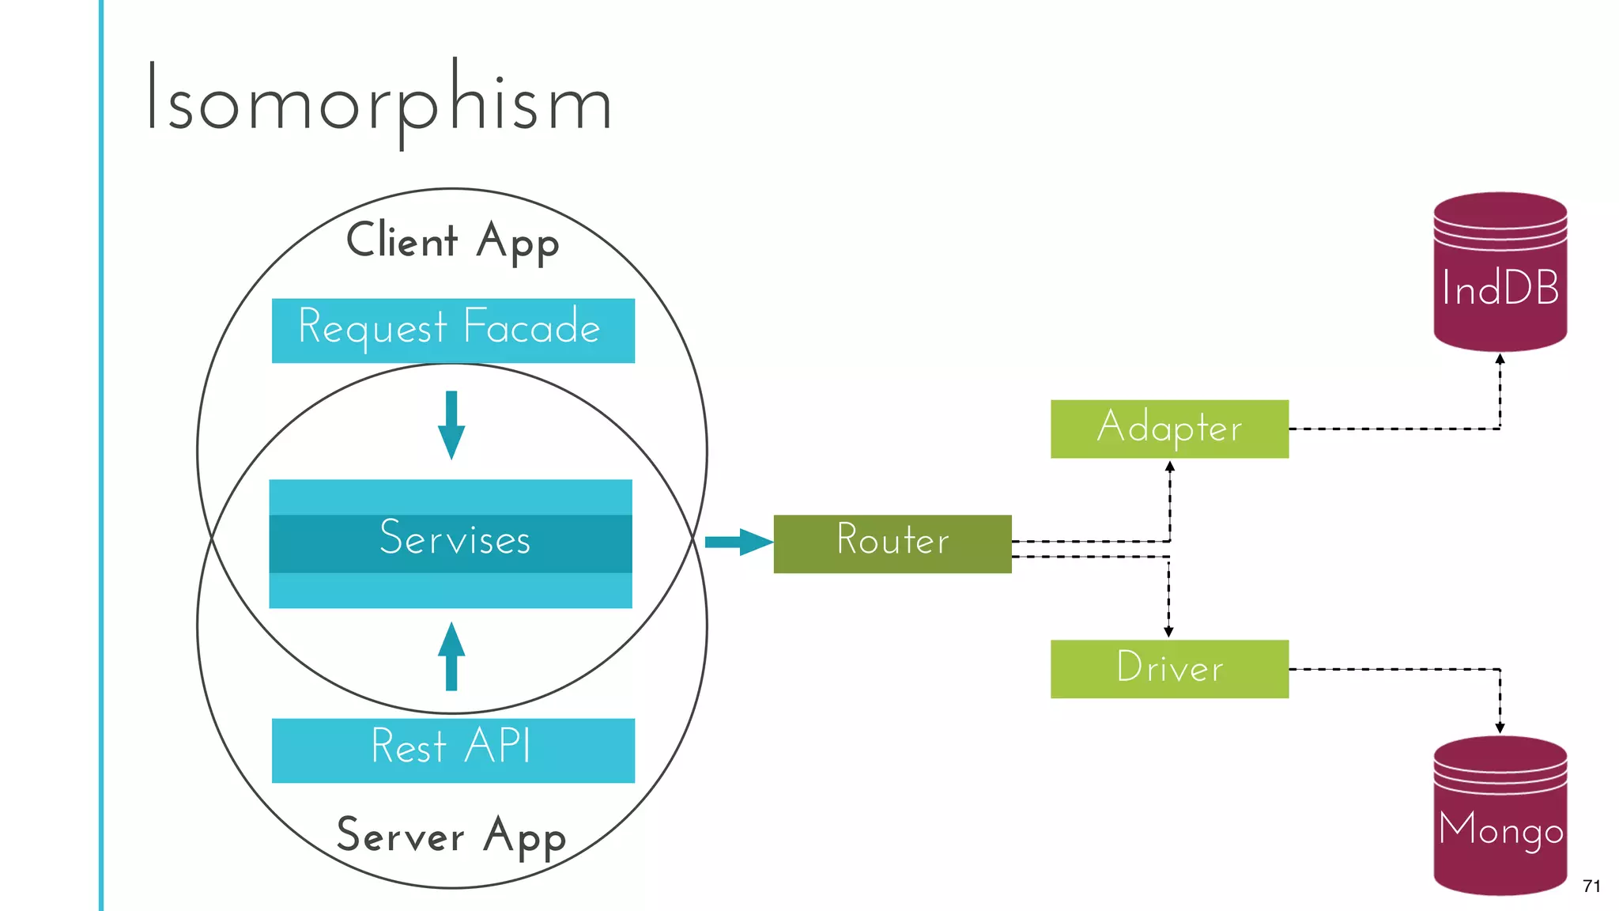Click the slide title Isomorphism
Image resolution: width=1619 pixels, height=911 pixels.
tap(378, 99)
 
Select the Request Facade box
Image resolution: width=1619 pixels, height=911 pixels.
tap(453, 331)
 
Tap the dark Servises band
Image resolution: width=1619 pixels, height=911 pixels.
tap(451, 543)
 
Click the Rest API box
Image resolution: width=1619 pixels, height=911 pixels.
tap(453, 750)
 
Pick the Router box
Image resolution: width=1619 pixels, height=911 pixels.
tap(892, 543)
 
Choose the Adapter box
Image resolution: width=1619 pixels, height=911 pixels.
tap(1169, 429)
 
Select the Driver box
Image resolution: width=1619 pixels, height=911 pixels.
tap(1169, 668)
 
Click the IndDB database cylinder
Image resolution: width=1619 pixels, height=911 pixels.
tap(1500, 273)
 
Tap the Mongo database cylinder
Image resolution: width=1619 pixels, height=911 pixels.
tap(1500, 816)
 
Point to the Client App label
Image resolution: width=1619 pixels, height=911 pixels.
tap(452, 240)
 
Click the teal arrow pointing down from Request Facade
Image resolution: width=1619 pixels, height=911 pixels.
tap(451, 425)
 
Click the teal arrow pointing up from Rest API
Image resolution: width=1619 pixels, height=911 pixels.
tap(451, 656)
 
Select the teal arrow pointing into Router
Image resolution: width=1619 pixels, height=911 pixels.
tap(738, 542)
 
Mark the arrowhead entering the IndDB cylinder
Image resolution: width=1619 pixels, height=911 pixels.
tap(1500, 359)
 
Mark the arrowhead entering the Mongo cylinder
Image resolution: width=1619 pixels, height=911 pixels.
tap(1500, 728)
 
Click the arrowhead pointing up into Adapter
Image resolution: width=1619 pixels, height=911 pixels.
tap(1170, 467)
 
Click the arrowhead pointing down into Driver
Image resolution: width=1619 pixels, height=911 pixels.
tap(1168, 632)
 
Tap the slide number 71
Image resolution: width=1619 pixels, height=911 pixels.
tap(1591, 886)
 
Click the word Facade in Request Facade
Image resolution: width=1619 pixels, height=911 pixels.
tap(531, 327)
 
